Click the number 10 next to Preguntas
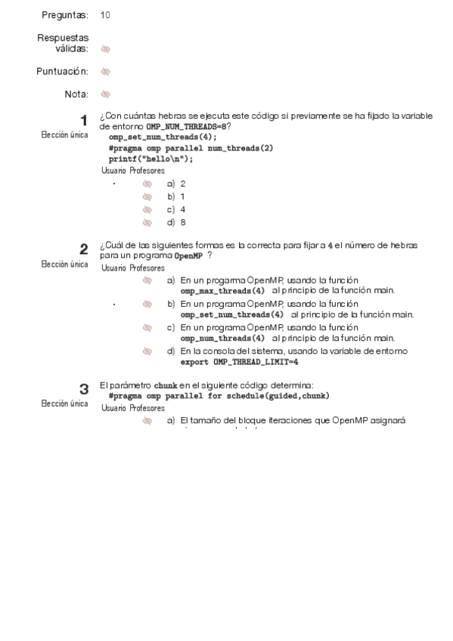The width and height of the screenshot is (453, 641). point(104,15)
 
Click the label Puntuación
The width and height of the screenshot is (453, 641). point(63,71)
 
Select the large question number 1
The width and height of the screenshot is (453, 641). point(84,120)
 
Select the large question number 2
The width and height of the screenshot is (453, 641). point(84,249)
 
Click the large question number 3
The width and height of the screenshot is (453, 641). point(84,389)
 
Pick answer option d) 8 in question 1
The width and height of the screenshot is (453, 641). point(176,222)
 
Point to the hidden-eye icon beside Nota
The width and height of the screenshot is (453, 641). point(105,94)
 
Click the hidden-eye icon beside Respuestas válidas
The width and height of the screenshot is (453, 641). point(105,49)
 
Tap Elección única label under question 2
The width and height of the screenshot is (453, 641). point(64,265)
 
